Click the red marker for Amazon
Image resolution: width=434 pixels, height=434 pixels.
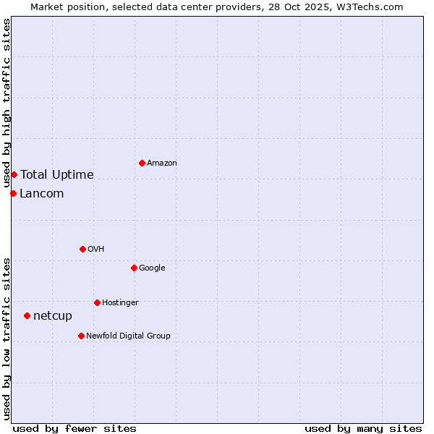142,163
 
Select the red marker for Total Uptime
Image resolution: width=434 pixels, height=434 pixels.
14,174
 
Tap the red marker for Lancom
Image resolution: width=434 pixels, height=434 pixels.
13,193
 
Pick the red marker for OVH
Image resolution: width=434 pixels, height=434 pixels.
82,249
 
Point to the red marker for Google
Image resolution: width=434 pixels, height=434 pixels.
134,268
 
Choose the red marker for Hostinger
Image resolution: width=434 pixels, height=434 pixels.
97,302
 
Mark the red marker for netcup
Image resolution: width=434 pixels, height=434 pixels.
27,315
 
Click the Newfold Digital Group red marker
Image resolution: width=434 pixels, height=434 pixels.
81,336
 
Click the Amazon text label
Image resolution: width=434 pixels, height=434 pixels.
162,163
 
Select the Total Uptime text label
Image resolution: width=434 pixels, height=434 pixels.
57,175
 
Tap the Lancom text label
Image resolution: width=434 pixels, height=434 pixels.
42,194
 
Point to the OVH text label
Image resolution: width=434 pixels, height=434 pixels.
96,250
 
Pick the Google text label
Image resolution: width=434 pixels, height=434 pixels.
152,268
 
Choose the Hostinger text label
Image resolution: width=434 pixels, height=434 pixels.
120,303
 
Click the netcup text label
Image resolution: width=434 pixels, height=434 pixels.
53,316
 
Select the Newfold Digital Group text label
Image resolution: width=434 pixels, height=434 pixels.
128,336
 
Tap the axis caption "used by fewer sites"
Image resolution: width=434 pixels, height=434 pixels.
75,428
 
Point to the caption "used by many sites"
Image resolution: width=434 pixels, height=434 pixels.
363,428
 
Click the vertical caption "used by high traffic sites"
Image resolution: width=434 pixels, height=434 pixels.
7,103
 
